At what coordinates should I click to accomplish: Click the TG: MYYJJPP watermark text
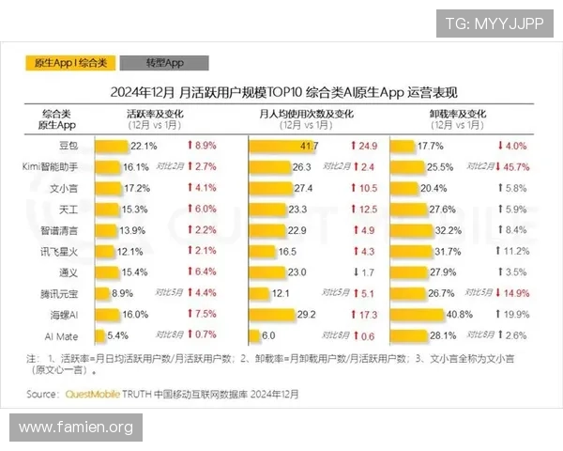[x=495, y=23]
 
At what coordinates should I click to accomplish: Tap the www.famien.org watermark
[x=76, y=428]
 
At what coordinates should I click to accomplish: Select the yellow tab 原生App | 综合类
[x=71, y=63]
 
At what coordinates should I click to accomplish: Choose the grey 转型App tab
[x=164, y=63]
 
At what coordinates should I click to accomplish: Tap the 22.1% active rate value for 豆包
[x=144, y=146]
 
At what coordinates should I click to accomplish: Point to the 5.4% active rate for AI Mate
[x=117, y=334]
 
